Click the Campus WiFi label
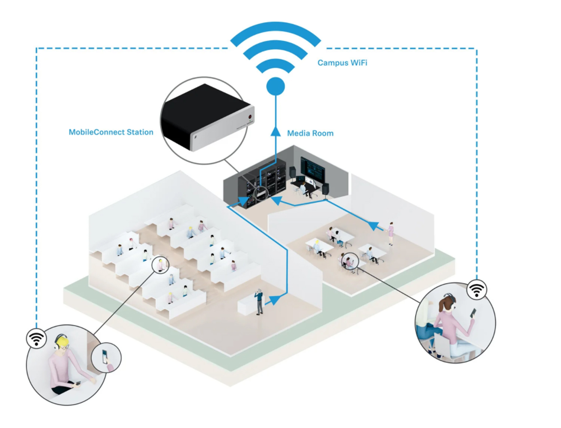(342, 63)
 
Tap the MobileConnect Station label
(111, 132)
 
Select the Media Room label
(310, 133)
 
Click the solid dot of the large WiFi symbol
(276, 86)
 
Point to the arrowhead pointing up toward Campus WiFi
(276, 132)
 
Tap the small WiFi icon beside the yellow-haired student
(36, 338)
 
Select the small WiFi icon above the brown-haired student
(477, 289)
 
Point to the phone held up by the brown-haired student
(472, 312)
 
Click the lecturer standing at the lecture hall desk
(259, 301)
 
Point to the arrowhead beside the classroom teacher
(374, 226)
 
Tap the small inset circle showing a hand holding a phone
(106, 357)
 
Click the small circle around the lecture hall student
(161, 265)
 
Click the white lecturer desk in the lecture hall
(246, 306)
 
